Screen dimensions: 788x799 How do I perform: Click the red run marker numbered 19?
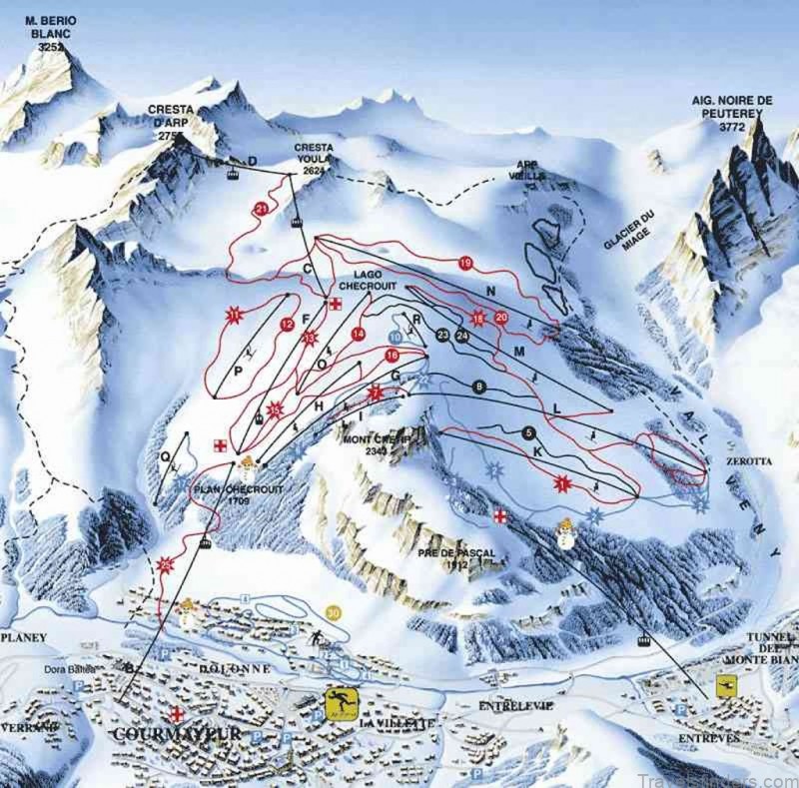pos(464,263)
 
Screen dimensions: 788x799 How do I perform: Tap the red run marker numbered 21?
pos(262,208)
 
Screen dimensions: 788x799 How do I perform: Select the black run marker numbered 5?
pos(529,432)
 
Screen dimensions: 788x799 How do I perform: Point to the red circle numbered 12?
pos(288,324)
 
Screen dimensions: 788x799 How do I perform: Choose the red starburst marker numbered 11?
pos(236,317)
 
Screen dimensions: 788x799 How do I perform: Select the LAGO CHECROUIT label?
pos(375,280)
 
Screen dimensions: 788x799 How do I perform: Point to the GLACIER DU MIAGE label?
pos(627,226)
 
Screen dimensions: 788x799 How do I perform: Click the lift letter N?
pos(490,291)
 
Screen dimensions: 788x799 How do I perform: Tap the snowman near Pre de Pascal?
pos(565,533)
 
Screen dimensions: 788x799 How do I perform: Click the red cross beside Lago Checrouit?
pos(337,305)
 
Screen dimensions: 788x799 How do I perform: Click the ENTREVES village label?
pos(707,737)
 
